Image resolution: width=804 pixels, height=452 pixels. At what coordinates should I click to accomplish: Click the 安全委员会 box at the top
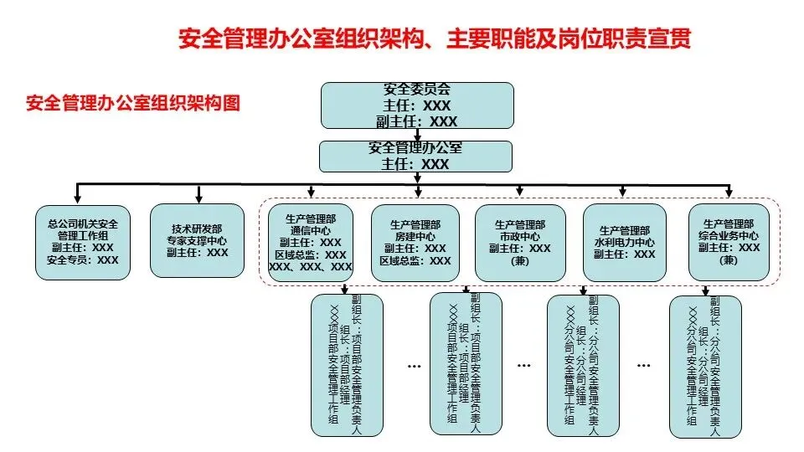(417, 105)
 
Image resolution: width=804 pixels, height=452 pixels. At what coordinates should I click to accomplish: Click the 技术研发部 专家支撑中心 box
(199, 240)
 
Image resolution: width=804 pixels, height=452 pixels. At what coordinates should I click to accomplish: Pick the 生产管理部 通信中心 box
(310, 243)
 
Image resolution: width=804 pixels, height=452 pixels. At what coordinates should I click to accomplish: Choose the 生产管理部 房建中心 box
(415, 243)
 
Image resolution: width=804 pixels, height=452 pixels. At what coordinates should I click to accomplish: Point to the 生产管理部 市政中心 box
(519, 242)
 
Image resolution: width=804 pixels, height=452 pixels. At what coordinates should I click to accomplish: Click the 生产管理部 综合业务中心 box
(729, 242)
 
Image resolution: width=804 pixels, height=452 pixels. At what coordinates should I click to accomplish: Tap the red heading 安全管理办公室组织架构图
(132, 104)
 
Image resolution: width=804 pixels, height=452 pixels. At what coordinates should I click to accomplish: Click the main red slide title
(435, 39)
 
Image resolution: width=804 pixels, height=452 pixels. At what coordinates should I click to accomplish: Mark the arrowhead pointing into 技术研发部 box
(199, 199)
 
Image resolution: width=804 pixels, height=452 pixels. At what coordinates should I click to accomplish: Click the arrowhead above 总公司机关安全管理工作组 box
(77, 199)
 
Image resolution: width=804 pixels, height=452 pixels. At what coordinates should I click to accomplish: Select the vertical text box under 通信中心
(346, 365)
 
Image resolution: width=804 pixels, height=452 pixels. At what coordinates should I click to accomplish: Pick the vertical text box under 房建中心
(465, 364)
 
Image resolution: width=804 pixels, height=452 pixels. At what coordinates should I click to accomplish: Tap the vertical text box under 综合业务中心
(705, 367)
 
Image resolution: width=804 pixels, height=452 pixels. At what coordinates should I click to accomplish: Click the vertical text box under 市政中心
(584, 366)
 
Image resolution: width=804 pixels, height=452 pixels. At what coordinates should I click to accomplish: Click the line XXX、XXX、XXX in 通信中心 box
(310, 267)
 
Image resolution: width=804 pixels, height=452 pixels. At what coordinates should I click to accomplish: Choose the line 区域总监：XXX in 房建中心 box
(415, 261)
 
